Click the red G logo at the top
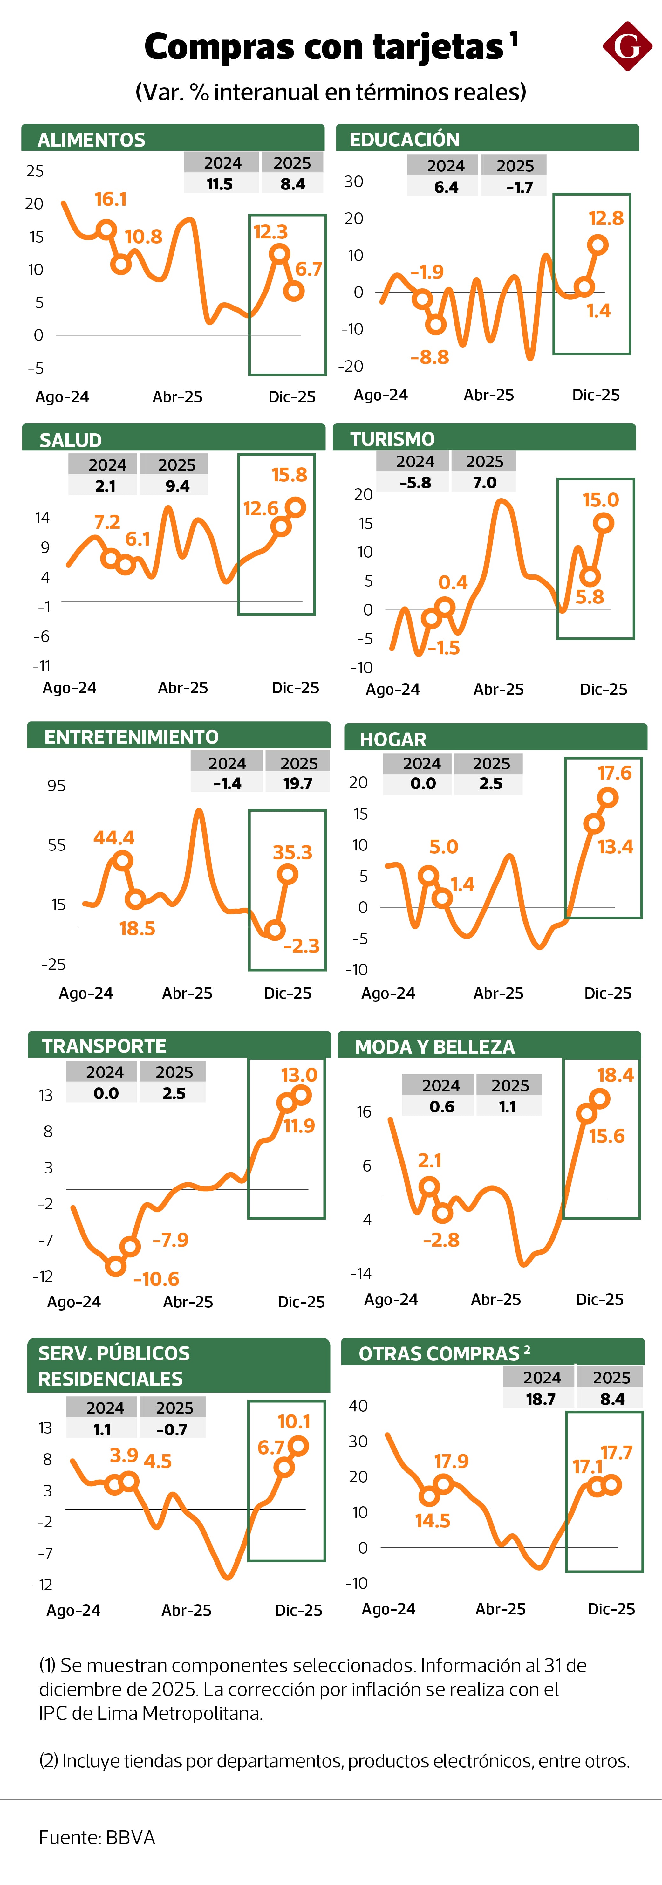point(627,46)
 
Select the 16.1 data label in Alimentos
point(111,199)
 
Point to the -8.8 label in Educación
point(429,357)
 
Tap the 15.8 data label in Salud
point(289,475)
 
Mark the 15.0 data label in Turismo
point(601,500)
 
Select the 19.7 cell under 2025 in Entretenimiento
point(298,783)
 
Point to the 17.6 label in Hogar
point(614,773)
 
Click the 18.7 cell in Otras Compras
point(541,1399)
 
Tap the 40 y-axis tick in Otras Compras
point(358,1406)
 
